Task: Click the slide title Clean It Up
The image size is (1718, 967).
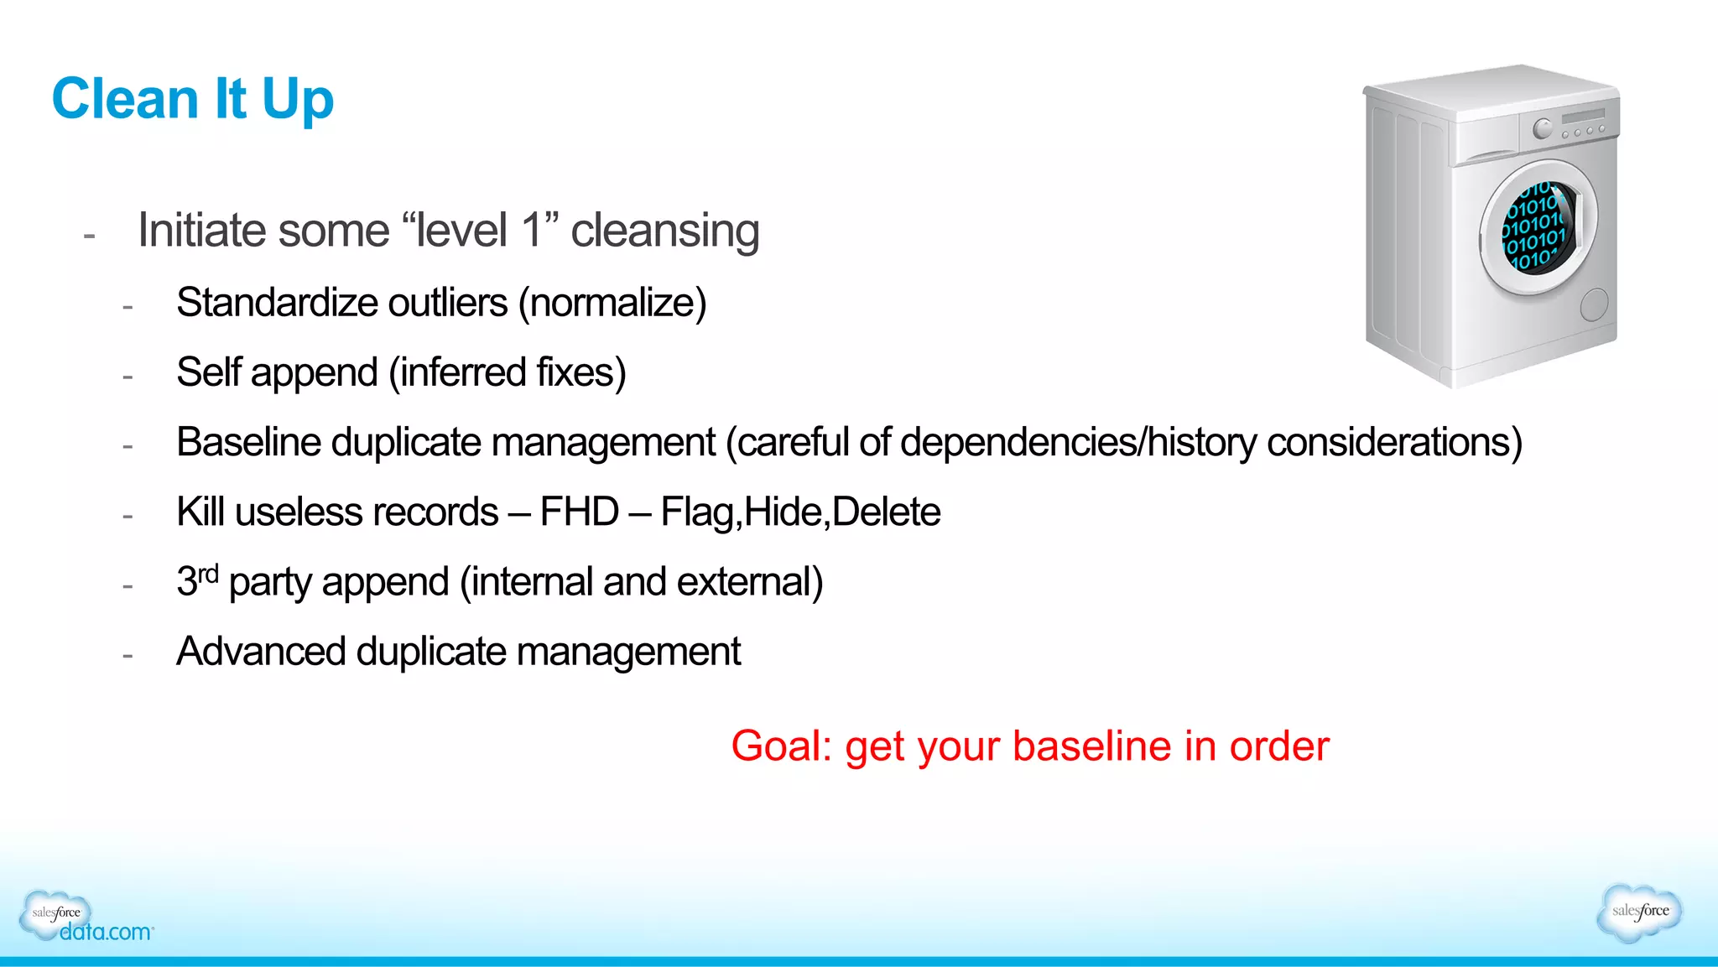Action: pyautogui.click(x=193, y=99)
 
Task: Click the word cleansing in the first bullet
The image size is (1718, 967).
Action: pyautogui.click(x=664, y=231)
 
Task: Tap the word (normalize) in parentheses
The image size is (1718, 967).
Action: pyautogui.click(x=612, y=303)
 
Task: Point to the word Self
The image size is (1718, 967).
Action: pyautogui.click(x=209, y=372)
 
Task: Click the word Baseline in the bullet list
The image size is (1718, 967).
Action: pyautogui.click(x=248, y=442)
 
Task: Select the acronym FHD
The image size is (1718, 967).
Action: pyautogui.click(x=579, y=512)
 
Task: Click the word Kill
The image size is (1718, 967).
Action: pyautogui.click(x=200, y=512)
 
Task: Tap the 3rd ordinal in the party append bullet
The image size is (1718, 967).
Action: pyautogui.click(x=197, y=580)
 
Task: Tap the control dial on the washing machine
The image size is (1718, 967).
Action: pyautogui.click(x=1542, y=129)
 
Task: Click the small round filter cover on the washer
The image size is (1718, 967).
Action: pyautogui.click(x=1594, y=305)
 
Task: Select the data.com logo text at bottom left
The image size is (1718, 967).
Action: pyautogui.click(x=106, y=932)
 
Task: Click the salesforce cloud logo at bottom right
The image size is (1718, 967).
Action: pyautogui.click(x=1640, y=912)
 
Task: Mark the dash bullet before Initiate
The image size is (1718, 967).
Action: pyautogui.click(x=90, y=237)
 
